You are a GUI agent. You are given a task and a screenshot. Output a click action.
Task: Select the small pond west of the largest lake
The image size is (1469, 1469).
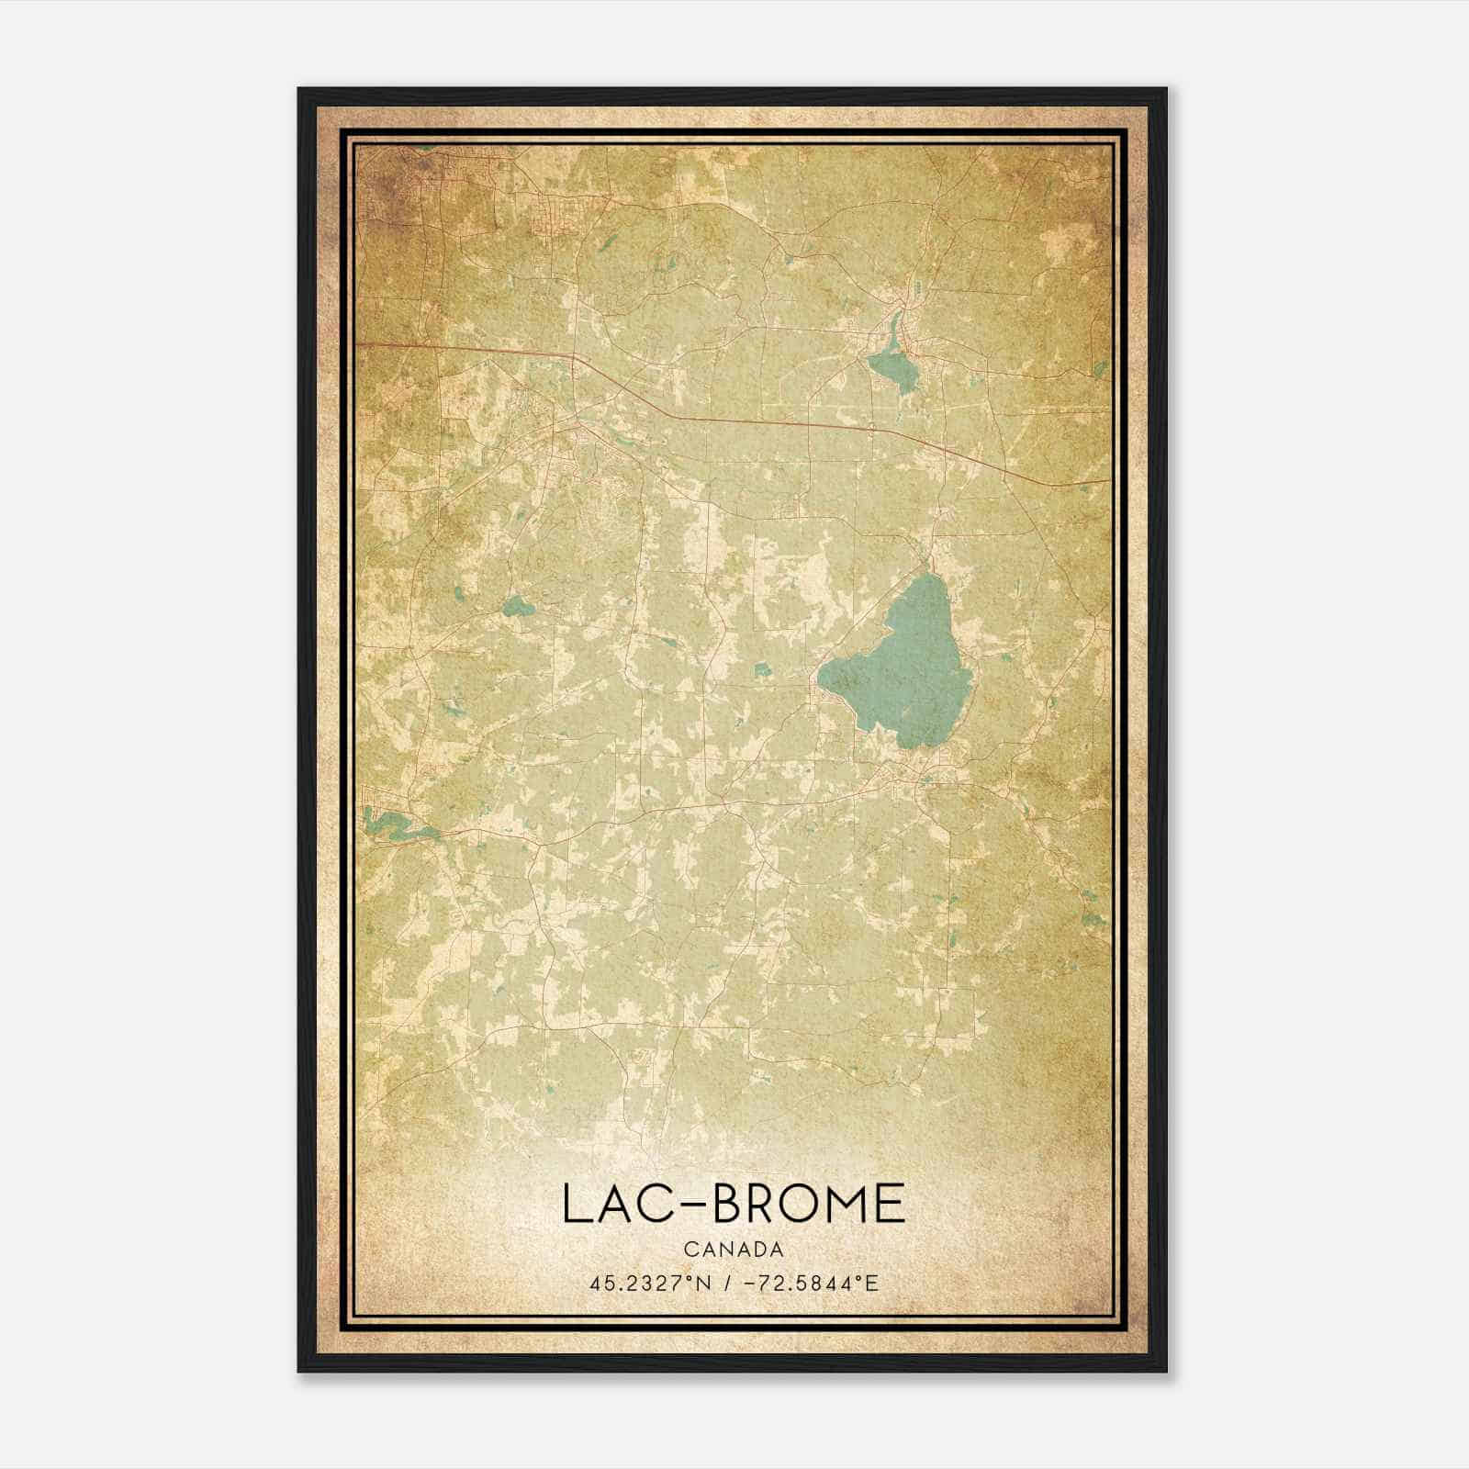[x=517, y=605]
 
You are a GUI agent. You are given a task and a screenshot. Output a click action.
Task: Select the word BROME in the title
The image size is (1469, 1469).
[x=809, y=1204]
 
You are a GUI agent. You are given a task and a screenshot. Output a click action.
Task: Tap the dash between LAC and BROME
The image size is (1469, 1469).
[x=694, y=1205]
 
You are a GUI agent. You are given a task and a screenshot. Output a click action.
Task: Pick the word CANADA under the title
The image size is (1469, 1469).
[x=734, y=1250]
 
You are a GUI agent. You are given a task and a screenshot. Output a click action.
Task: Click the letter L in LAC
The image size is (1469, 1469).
[x=572, y=1204]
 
